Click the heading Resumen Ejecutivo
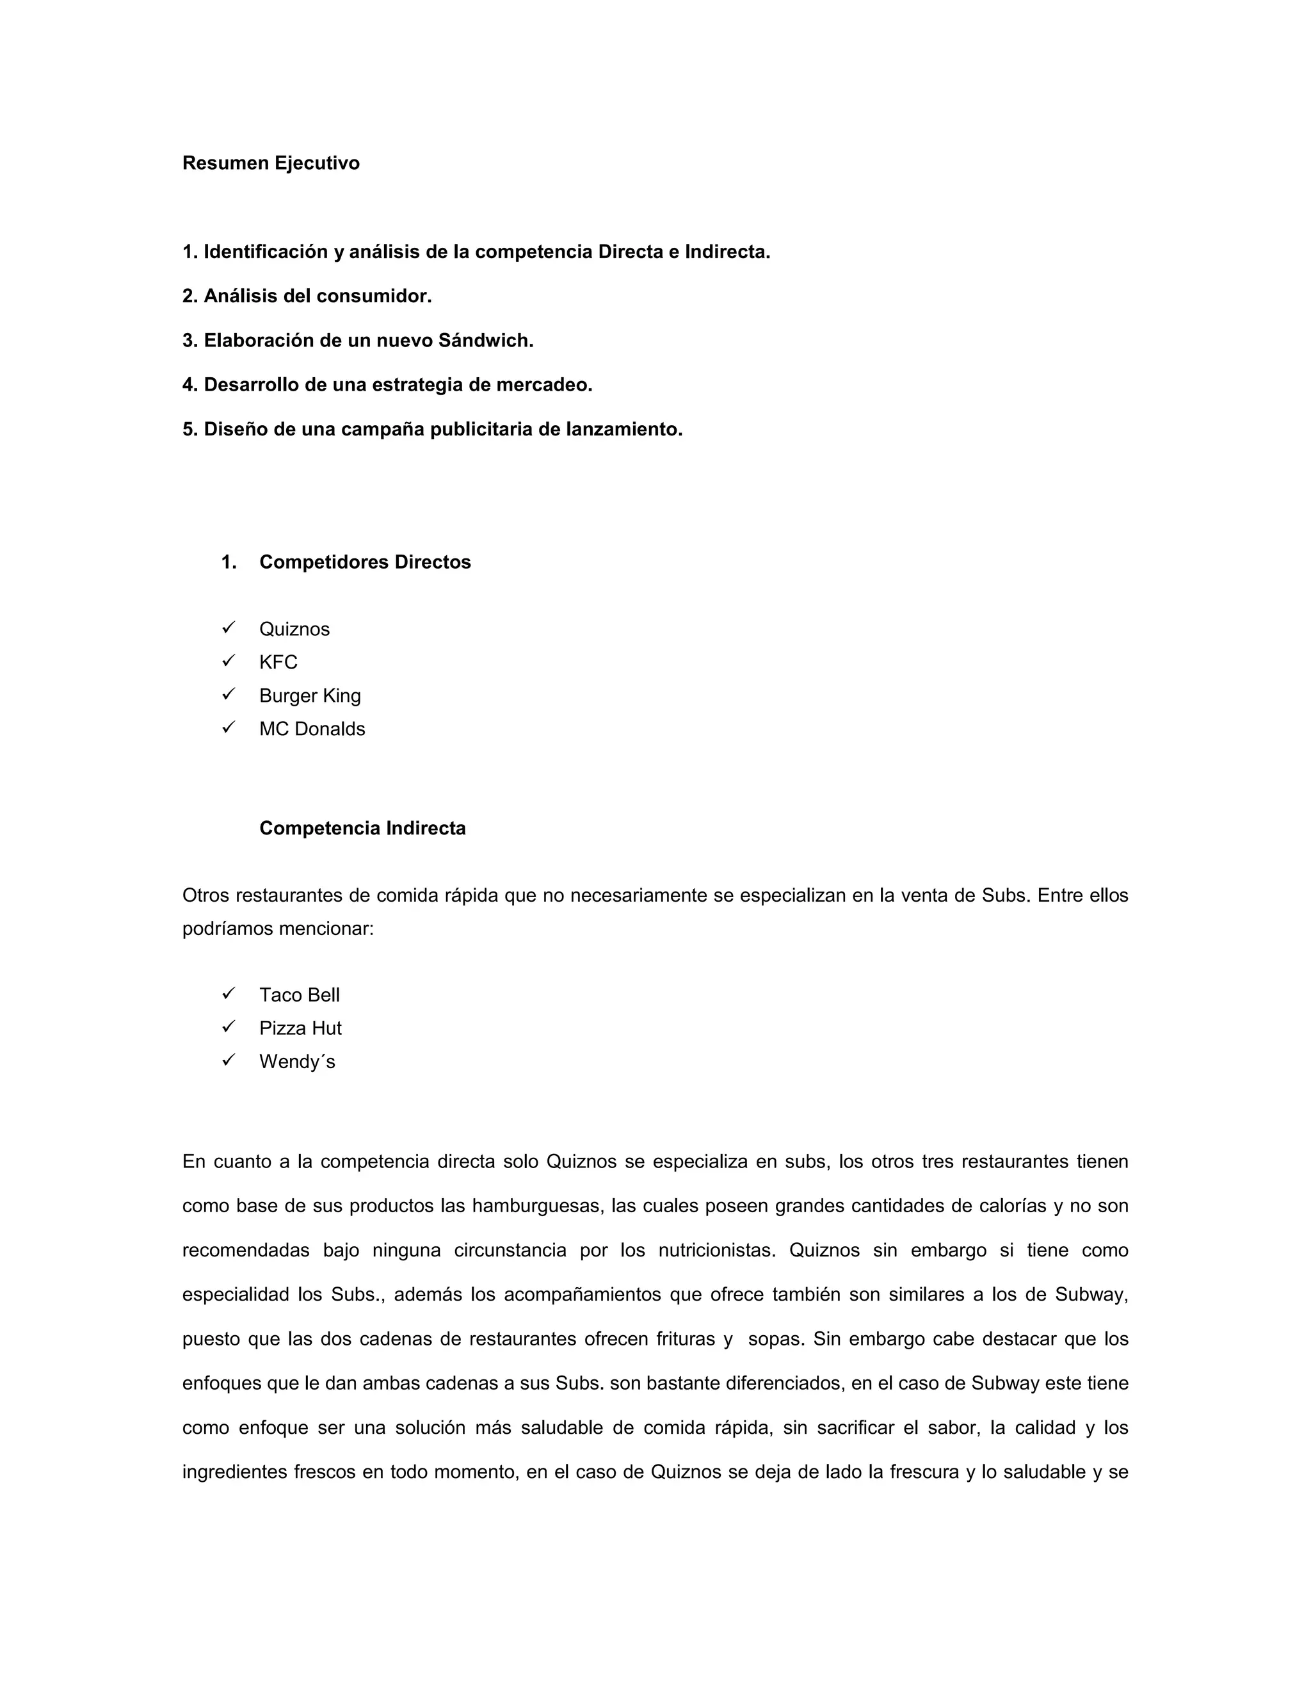click(x=270, y=163)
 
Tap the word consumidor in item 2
click(x=383, y=296)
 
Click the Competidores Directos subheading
click(x=365, y=562)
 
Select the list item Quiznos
click(x=294, y=629)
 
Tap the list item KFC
click(x=278, y=662)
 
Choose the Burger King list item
click(x=310, y=695)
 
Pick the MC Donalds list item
click(x=312, y=729)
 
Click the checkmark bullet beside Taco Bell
click(x=229, y=993)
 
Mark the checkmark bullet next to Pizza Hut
click(x=229, y=1027)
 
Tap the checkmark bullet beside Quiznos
click(x=229, y=627)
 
